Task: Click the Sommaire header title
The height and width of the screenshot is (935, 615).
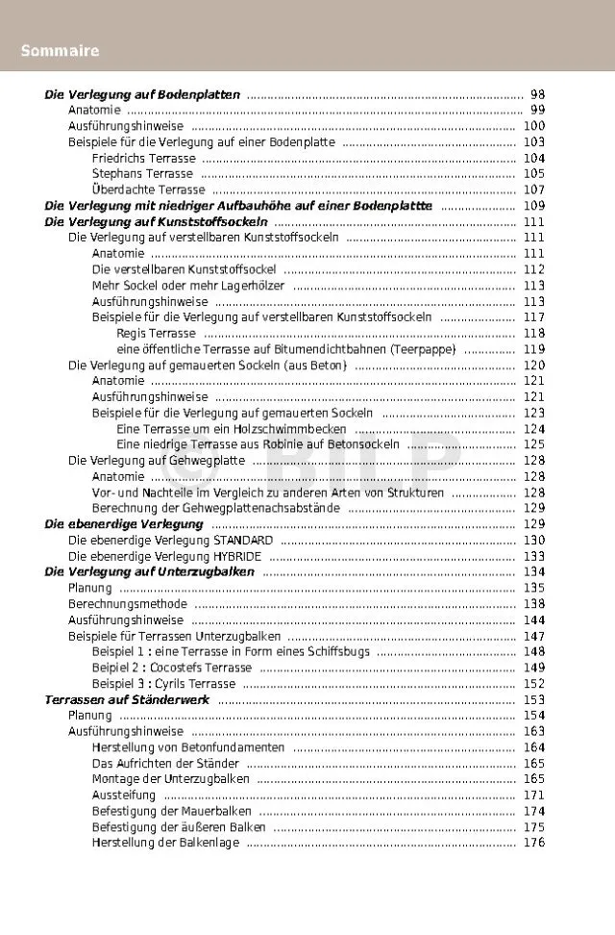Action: pos(60,50)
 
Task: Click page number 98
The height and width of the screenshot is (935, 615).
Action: pos(537,95)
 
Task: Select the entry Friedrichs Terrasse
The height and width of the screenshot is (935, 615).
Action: pos(143,159)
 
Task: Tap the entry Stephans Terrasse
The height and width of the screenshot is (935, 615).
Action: pos(142,174)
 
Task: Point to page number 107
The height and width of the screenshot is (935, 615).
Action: pos(534,190)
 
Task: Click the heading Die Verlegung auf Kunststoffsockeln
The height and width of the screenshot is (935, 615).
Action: pos(156,222)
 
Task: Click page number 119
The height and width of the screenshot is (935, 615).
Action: pos(534,349)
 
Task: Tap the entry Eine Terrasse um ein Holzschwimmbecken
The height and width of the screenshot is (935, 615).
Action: pos(232,429)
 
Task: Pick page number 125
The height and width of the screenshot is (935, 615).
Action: pos(534,444)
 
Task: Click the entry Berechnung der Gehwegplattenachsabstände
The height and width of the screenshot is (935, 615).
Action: pos(216,508)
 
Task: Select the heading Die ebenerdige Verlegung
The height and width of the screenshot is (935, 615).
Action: pos(124,524)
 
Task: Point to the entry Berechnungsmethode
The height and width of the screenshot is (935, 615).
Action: pos(127,604)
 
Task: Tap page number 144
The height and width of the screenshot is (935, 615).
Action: pos(534,619)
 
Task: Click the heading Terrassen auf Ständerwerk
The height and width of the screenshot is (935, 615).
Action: pos(127,699)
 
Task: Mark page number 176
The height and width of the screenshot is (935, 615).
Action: pos(534,843)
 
